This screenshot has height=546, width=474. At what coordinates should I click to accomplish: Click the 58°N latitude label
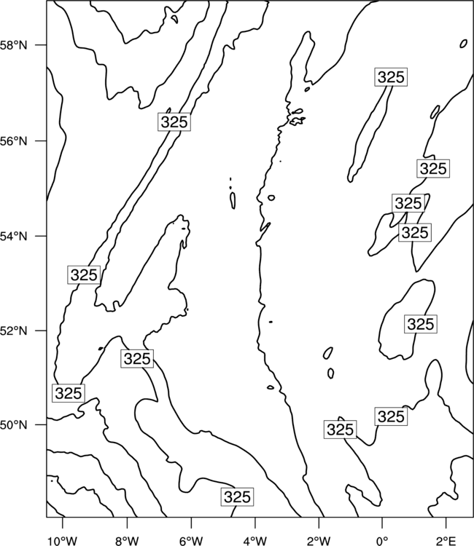pos(13,45)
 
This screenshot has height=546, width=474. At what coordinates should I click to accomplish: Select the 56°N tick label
pos(13,141)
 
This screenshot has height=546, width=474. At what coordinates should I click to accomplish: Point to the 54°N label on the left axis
pos(13,237)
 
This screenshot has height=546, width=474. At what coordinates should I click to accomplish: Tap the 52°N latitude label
pos(13,331)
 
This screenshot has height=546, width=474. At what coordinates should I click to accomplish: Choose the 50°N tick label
pos(13,425)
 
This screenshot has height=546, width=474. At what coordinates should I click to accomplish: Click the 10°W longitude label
pos(63,541)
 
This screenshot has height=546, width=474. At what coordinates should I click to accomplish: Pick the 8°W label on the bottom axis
pos(127,541)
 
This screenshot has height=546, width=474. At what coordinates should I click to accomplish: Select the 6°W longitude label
pos(191,541)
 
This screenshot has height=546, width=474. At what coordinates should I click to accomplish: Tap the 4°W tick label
pos(255,541)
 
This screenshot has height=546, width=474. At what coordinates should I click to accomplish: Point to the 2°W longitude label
pos(319,541)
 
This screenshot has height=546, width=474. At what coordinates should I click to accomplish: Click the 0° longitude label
pos(382,541)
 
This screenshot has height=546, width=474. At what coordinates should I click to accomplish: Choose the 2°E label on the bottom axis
pos(446,541)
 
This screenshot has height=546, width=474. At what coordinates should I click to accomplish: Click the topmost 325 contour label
pos(391,77)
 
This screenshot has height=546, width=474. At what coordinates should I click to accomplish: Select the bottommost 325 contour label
pos(237,497)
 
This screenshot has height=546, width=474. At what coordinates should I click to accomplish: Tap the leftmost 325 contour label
pos(69,393)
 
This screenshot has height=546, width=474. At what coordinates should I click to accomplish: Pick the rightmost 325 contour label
pos(433,169)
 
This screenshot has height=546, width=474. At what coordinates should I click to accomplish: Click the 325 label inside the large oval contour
pos(421,324)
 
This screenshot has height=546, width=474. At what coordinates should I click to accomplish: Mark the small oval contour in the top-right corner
pos(464,44)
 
